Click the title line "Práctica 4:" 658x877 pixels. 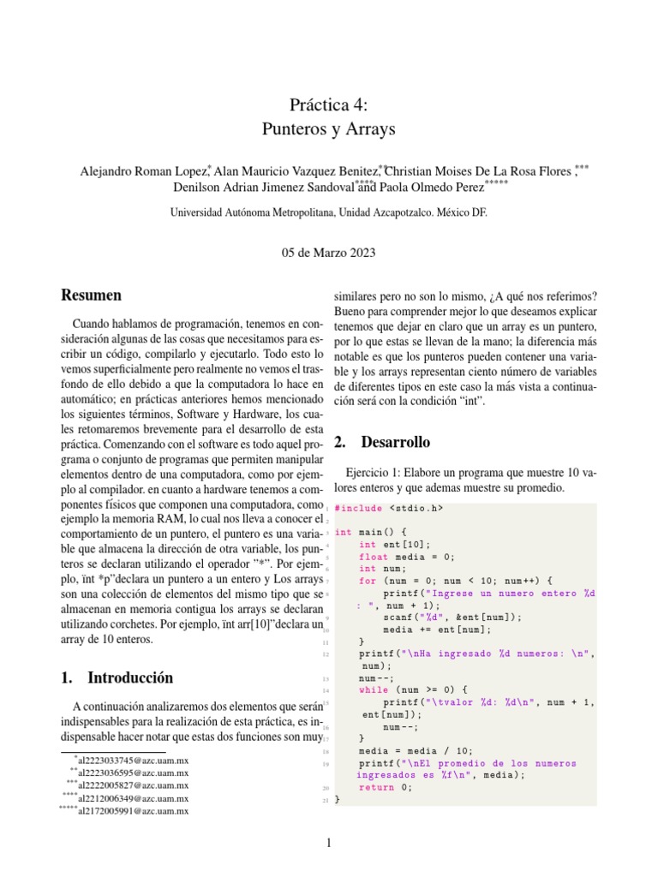coord(328,105)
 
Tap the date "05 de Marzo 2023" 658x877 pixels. coord(328,253)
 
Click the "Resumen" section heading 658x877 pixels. coord(91,295)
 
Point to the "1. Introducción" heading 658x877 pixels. coord(117,677)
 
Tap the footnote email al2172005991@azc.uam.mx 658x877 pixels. coord(133,811)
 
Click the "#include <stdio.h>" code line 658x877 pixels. coord(389,508)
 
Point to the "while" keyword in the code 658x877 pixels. coord(374,689)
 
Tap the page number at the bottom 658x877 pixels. coord(329,844)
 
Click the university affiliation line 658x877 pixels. coord(328,212)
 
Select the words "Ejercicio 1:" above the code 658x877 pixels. coord(374,473)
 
